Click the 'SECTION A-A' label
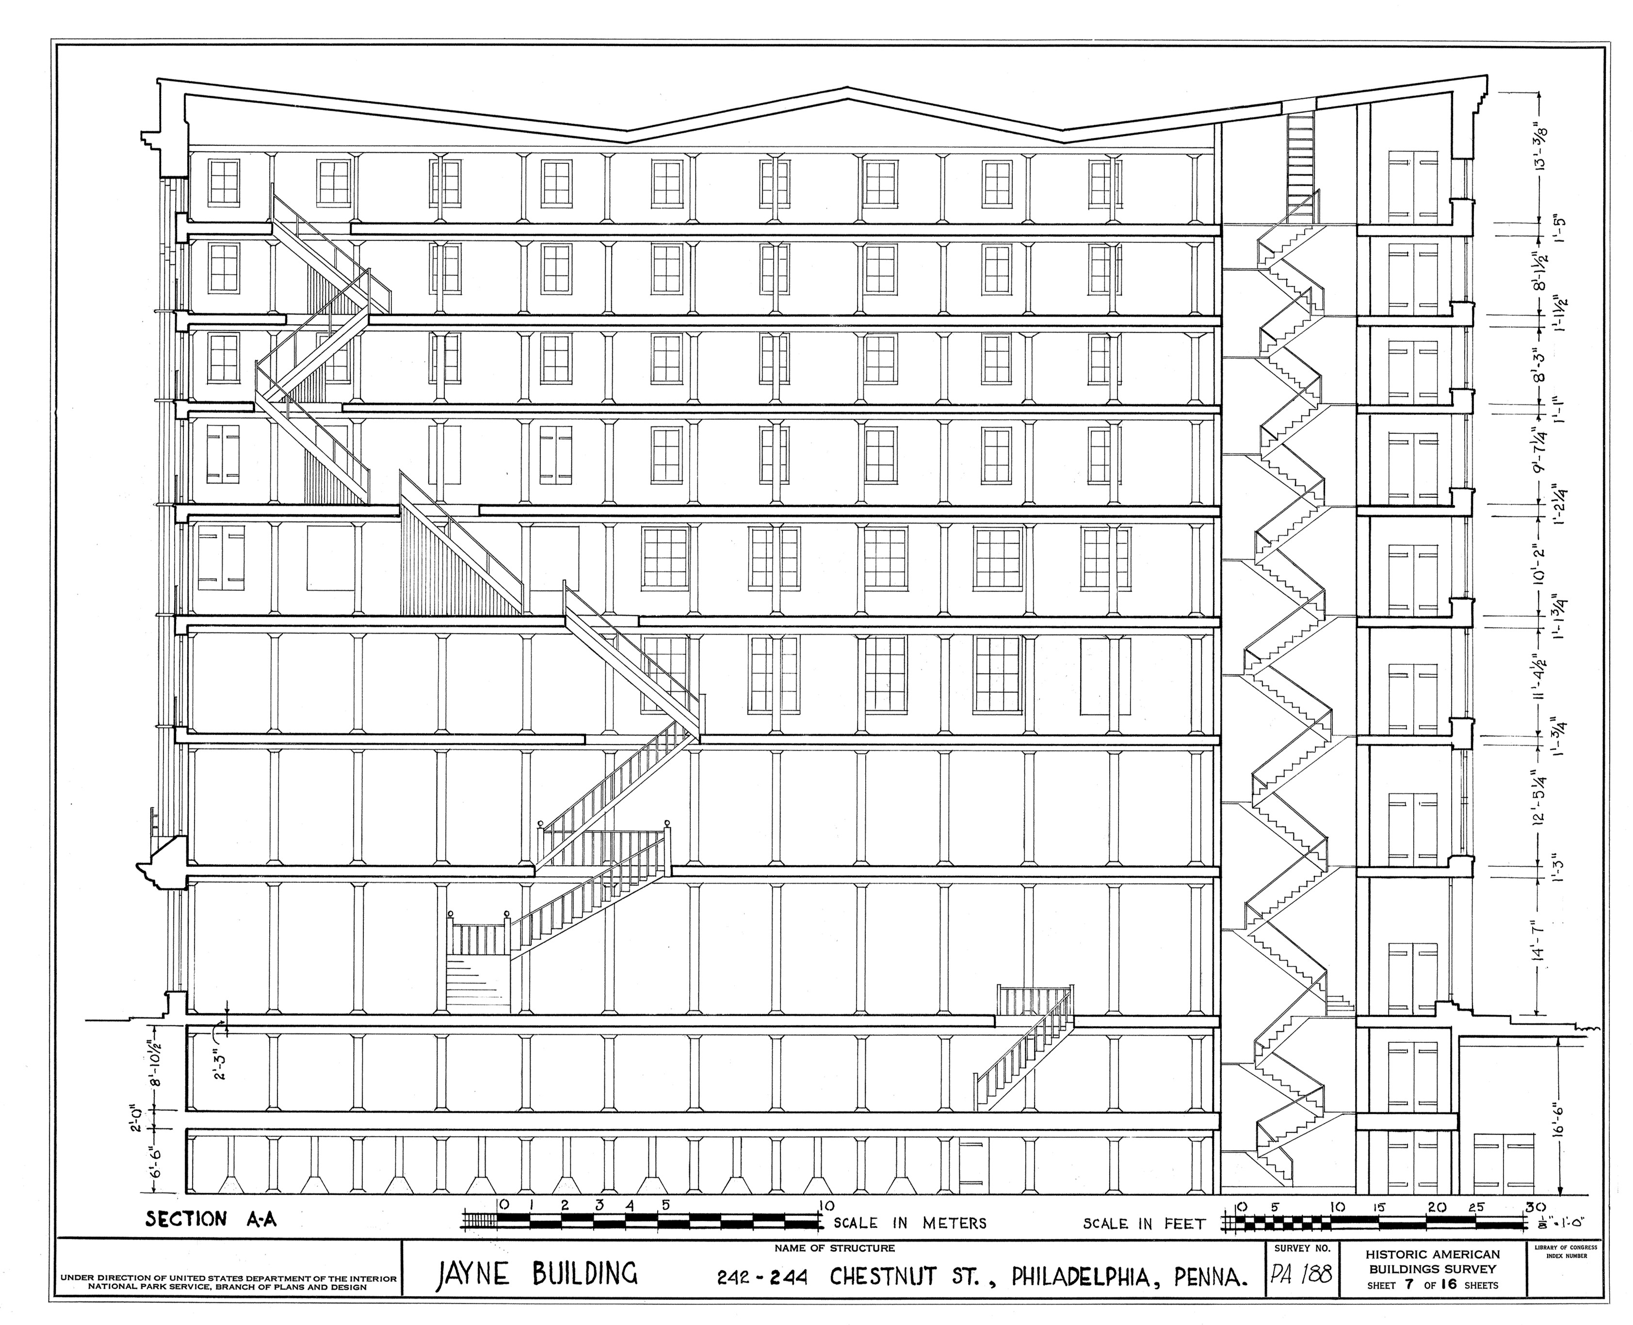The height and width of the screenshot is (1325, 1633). pyautogui.click(x=211, y=1219)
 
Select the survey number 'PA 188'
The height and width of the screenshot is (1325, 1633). pyautogui.click(x=1300, y=1276)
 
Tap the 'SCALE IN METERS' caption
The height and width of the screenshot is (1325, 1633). pyautogui.click(x=910, y=1224)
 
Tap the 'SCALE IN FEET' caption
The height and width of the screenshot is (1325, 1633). pyautogui.click(x=1144, y=1224)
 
